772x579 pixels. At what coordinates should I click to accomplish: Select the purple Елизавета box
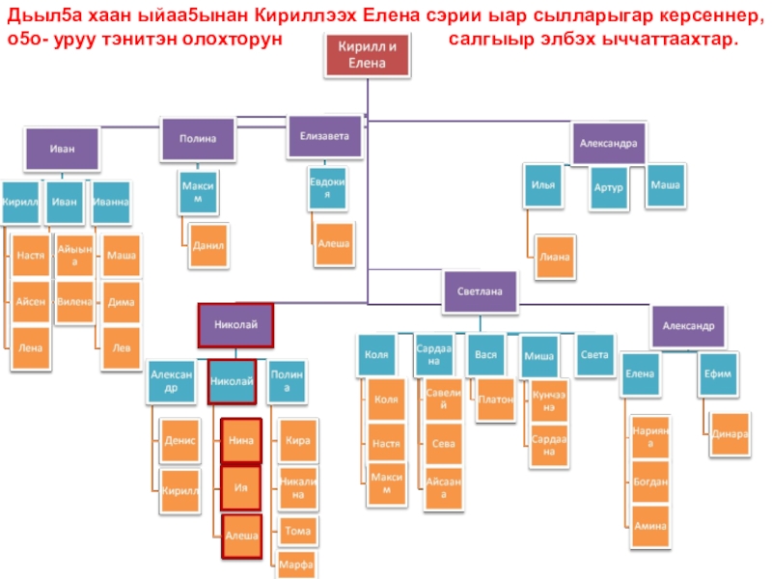click(330, 137)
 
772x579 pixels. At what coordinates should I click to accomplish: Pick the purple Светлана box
click(480, 290)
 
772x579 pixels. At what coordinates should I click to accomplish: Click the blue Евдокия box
click(327, 189)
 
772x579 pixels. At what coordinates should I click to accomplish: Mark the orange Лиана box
click(555, 258)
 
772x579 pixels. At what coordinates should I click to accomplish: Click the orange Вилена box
click(74, 302)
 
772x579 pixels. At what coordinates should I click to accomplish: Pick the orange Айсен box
click(31, 302)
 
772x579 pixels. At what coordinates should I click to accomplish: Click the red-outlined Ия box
click(240, 487)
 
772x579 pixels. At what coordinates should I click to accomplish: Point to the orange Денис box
click(180, 440)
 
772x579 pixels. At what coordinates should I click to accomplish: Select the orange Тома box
click(297, 530)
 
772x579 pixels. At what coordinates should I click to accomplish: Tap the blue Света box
click(594, 355)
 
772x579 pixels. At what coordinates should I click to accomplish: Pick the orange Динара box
click(730, 433)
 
